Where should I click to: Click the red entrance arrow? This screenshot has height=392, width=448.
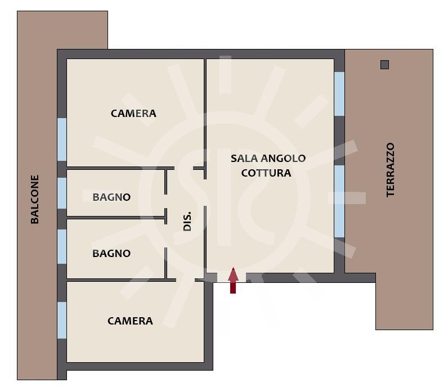click(x=233, y=281)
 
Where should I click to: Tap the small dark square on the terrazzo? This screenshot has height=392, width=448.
click(x=384, y=65)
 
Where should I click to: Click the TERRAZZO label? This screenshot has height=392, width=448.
click(x=390, y=170)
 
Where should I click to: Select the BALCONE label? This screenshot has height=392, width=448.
click(x=34, y=199)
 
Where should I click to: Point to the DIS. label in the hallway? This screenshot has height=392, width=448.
click(x=187, y=222)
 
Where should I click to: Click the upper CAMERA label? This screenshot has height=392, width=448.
click(x=133, y=114)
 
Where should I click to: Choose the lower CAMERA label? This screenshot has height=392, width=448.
click(x=130, y=321)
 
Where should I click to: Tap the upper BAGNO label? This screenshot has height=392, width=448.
click(x=111, y=197)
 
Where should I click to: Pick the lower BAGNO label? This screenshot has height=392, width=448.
click(x=111, y=253)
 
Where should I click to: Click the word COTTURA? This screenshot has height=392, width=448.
click(x=266, y=173)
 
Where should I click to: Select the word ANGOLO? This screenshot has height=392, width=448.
click(x=283, y=158)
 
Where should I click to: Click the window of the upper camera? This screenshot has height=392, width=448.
click(x=62, y=139)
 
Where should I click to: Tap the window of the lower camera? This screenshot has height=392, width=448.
click(x=62, y=321)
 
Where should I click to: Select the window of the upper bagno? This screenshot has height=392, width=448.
click(x=62, y=193)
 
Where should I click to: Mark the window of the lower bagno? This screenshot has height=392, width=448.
click(x=62, y=246)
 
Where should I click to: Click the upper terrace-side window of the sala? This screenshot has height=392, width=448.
click(x=339, y=94)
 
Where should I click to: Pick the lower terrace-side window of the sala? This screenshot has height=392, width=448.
click(x=339, y=201)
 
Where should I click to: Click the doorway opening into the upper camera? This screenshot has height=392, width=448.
click(x=183, y=168)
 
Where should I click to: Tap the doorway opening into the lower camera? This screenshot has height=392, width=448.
click(x=185, y=280)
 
